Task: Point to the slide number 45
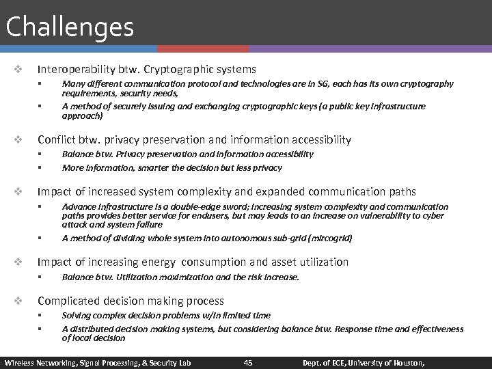[x=248, y=362]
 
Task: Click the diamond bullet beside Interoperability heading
[x=18, y=70]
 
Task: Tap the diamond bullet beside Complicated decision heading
[x=18, y=301]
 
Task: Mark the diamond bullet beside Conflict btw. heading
[x=18, y=139]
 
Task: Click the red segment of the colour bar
[x=202, y=49]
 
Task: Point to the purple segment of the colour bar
[x=369, y=49]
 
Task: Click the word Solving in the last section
[x=77, y=316]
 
